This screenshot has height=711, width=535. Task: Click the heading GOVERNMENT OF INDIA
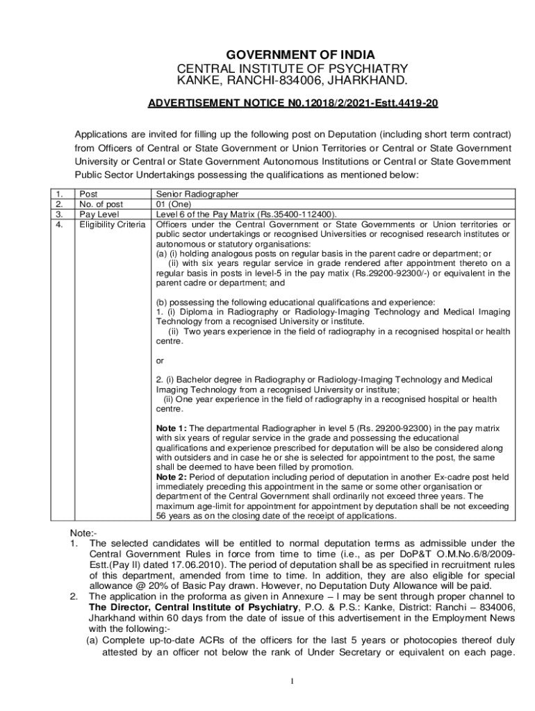(292, 55)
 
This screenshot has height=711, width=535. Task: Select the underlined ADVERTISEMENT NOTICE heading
(293, 103)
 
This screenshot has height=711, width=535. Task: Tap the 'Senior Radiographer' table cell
(197, 195)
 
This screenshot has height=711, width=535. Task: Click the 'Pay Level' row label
(99, 215)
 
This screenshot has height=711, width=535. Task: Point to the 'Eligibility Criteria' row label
(112, 224)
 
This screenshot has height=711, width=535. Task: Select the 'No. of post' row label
(101, 205)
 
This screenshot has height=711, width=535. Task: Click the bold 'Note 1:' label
(172, 428)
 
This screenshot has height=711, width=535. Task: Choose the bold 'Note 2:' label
(172, 477)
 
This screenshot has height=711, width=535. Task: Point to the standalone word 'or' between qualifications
(160, 360)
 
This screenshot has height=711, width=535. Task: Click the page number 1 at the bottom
(293, 681)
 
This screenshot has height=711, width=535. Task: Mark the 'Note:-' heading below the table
(83, 532)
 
